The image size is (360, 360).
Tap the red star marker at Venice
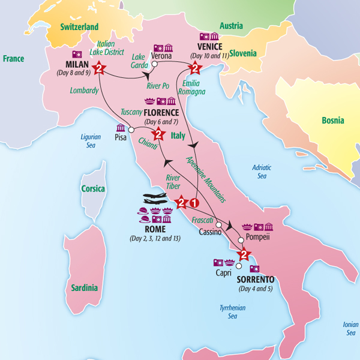point(194,68)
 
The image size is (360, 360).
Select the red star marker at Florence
point(158,134)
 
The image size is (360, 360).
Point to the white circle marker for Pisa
point(131,129)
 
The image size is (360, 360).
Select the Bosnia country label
point(332,121)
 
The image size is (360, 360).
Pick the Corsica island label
point(93,189)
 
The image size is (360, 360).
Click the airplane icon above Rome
point(158,199)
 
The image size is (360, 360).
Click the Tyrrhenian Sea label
point(234,312)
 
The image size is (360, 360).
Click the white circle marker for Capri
point(238,266)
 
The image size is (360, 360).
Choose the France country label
point(13,59)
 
